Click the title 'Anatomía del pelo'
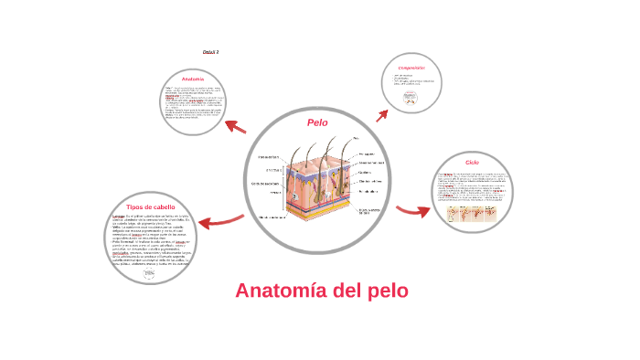(x=322, y=291)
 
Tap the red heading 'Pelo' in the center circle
(x=317, y=122)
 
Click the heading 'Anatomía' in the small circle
(x=192, y=79)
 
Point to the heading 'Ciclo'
(x=472, y=163)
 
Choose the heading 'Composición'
(x=411, y=67)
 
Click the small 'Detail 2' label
(x=210, y=52)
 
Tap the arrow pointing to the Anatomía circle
(x=234, y=125)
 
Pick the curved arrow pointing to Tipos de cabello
(x=219, y=220)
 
